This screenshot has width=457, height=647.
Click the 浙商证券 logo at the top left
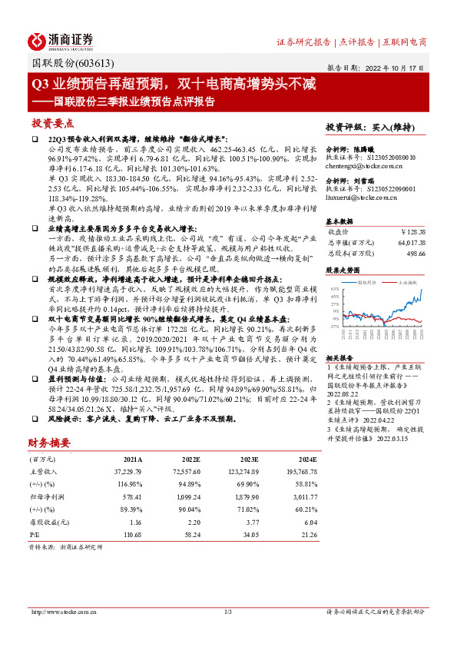61,40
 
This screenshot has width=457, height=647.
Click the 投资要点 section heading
52,124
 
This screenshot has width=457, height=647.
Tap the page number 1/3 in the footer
228,612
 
